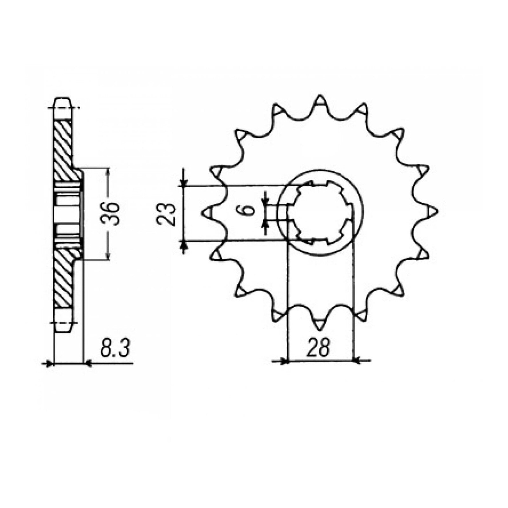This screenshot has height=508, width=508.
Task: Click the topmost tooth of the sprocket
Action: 320,101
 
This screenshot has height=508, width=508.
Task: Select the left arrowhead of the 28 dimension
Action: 284,360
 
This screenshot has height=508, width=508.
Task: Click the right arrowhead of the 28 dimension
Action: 357,360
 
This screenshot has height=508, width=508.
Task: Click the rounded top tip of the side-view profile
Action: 62,98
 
